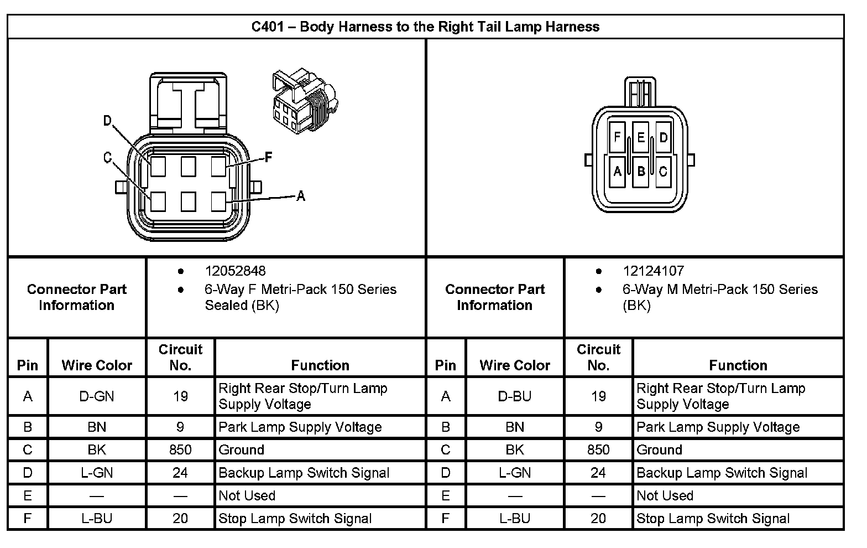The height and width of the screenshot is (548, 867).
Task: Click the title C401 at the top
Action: click(425, 27)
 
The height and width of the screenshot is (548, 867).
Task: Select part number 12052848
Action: click(235, 271)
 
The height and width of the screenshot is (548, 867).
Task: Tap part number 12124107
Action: click(653, 271)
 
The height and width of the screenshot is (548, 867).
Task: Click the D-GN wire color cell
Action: click(97, 396)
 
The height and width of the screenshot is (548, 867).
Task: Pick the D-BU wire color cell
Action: click(515, 396)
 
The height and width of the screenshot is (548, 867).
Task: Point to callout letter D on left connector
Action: click(108, 121)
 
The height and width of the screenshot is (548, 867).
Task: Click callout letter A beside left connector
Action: click(301, 195)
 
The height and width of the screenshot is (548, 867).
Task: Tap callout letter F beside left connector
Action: click(269, 157)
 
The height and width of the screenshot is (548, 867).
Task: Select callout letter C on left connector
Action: click(108, 158)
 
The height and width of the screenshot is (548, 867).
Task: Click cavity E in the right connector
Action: click(640, 137)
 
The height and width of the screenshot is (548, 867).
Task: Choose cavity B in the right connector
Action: click(640, 172)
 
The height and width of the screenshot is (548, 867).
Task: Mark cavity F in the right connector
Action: click(617, 137)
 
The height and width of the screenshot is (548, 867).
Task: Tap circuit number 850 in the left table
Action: click(180, 449)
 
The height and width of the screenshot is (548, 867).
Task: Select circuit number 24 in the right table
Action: click(598, 473)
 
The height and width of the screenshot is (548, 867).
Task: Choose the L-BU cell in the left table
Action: click(97, 518)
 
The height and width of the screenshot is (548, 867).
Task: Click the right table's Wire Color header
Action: click(515, 365)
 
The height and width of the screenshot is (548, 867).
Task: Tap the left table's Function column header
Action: click(320, 365)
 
